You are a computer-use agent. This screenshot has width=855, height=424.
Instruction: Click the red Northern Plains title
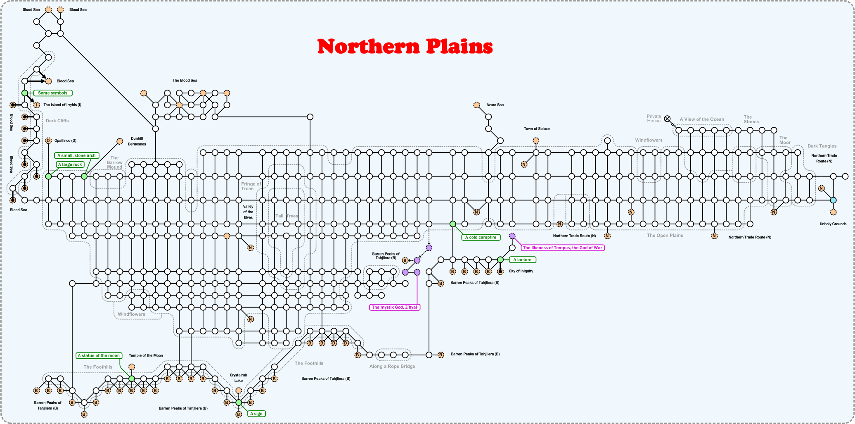click(405, 46)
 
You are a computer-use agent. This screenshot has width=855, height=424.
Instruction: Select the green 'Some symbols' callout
click(52, 93)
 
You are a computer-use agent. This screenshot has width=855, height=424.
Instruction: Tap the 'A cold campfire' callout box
click(481, 237)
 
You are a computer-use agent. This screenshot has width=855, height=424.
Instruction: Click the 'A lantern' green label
click(522, 260)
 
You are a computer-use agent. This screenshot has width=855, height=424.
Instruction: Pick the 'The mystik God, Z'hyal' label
click(394, 307)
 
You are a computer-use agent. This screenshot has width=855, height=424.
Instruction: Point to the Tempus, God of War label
click(562, 248)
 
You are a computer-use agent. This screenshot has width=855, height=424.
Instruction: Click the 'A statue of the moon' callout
click(99, 355)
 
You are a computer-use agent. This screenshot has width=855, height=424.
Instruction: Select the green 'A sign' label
click(256, 414)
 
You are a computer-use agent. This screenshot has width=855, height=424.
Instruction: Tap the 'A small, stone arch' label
click(76, 155)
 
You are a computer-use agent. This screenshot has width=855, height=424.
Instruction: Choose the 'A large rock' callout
click(70, 164)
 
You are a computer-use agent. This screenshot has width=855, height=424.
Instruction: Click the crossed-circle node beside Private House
click(667, 119)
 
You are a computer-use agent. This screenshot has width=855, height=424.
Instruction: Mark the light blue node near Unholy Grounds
click(833, 200)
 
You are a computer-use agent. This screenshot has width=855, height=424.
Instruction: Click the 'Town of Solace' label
click(536, 129)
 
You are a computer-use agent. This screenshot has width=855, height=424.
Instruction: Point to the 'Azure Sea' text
click(495, 105)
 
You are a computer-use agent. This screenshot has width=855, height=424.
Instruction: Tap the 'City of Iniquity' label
click(521, 271)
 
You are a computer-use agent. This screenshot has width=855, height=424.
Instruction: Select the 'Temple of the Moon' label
click(146, 355)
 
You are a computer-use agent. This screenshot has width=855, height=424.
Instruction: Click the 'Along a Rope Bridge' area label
click(392, 366)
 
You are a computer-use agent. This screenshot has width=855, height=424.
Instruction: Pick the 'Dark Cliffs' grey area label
click(57, 121)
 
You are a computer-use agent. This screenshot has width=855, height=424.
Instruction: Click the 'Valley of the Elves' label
click(248, 212)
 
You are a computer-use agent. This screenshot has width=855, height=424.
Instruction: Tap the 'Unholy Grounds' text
click(833, 224)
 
